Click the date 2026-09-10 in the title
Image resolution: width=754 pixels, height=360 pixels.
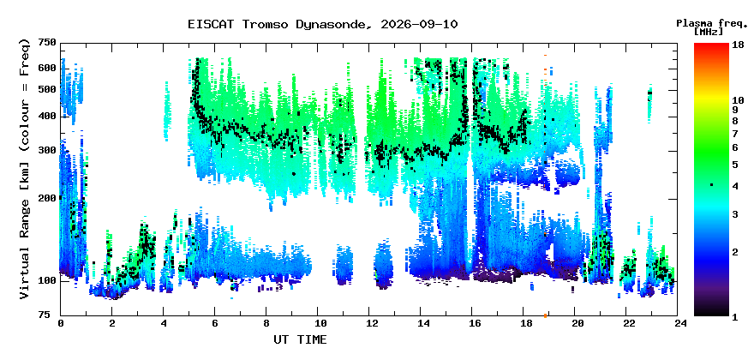pos(419,25)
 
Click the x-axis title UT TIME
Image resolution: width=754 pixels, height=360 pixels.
pos(300,339)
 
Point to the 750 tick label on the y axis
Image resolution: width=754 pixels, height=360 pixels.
pos(47,44)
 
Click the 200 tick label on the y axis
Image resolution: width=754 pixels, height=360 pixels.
pos(47,198)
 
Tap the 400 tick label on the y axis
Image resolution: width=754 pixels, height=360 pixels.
pos(47,116)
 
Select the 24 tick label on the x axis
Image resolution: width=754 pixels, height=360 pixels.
pos(678,324)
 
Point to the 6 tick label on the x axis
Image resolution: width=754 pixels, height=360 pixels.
pos(214,324)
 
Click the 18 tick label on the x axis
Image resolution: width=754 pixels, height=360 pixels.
pos(524,324)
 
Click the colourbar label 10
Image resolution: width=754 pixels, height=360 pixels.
pos(739,100)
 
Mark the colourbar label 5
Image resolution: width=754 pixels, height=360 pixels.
pos(736,165)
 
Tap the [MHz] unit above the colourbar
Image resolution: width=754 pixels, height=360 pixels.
pos(709,32)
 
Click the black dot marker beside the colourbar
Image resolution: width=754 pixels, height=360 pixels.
pos(711,185)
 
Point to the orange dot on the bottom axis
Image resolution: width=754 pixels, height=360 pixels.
pos(545,315)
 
